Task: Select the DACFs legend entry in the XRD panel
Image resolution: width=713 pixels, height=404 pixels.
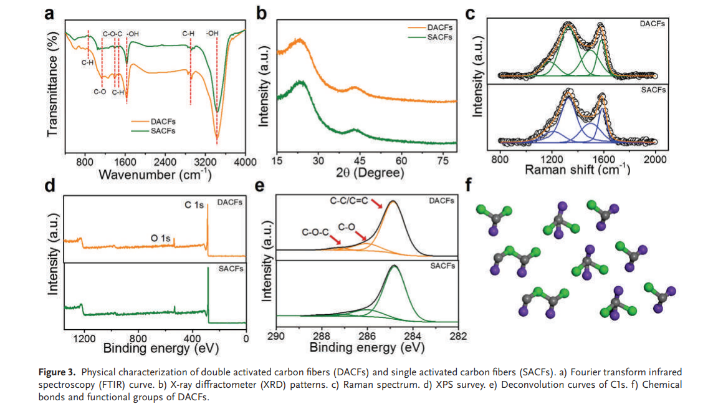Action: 440,28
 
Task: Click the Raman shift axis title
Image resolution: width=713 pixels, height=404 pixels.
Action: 577,170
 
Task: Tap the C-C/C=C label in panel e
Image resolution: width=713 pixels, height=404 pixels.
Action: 349,202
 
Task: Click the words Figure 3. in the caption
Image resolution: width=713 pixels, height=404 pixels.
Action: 55,372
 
